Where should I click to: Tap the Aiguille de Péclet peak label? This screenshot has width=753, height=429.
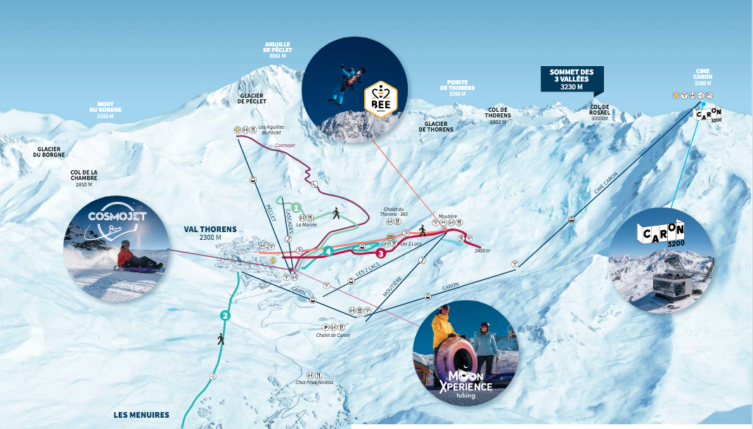pyautogui.click(x=276, y=51)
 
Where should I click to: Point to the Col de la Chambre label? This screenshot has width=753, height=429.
pyautogui.click(x=84, y=179)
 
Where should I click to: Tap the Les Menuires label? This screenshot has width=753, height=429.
pyautogui.click(x=141, y=415)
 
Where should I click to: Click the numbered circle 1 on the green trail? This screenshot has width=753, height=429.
pyautogui.click(x=297, y=207)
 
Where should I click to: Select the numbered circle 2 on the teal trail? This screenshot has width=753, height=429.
pyautogui.click(x=225, y=315)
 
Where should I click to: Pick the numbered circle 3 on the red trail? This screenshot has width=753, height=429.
pyautogui.click(x=380, y=253)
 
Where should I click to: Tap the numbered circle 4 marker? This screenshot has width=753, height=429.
pyautogui.click(x=328, y=250)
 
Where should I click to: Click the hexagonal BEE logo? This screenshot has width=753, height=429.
pyautogui.click(x=380, y=98)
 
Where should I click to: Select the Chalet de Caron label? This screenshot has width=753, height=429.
pyautogui.click(x=333, y=335)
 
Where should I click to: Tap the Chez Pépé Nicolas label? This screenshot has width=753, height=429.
pyautogui.click(x=314, y=383)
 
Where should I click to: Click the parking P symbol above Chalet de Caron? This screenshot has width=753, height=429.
pyautogui.click(x=325, y=327)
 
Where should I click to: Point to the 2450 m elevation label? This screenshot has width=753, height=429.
pyautogui.click(x=482, y=250)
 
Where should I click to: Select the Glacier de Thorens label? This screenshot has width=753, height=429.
pyautogui.click(x=436, y=126)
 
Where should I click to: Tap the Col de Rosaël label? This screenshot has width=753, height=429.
pyautogui.click(x=599, y=113)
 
